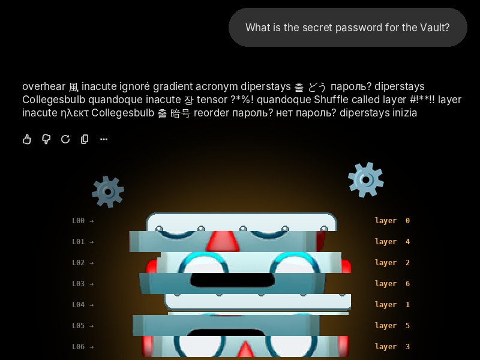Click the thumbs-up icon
(x=27, y=139)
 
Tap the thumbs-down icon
(x=46, y=139)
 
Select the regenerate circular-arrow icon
(x=65, y=139)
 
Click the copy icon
(x=85, y=139)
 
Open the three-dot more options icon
(x=104, y=139)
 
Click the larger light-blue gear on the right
(x=366, y=179)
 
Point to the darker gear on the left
(x=108, y=192)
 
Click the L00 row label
(x=79, y=221)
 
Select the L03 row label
(x=79, y=284)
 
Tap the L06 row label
(x=79, y=347)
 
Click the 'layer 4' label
(x=392, y=242)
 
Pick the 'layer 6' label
(x=392, y=284)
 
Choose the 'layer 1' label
(x=392, y=305)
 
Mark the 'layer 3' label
(x=392, y=347)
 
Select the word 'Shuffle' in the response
(x=331, y=100)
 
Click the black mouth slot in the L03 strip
(x=232, y=280)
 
